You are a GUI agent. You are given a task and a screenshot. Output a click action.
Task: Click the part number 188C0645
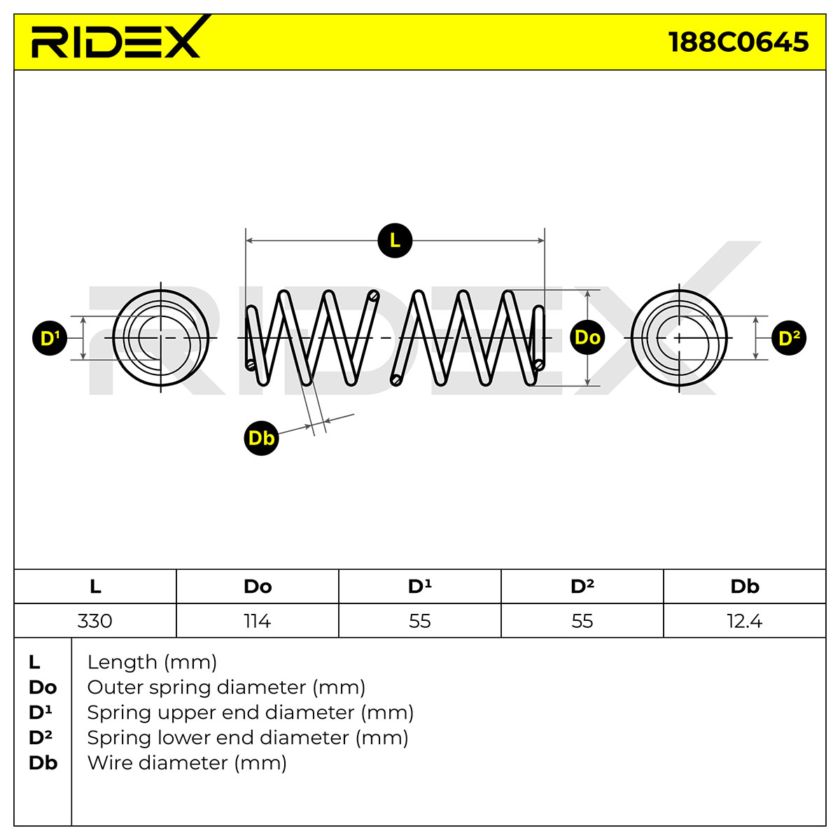click(x=738, y=42)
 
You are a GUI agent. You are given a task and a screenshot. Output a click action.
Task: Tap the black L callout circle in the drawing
click(x=395, y=241)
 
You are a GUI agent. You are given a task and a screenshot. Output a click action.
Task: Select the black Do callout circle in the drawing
click(x=587, y=338)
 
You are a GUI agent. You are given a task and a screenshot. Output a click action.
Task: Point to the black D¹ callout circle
click(x=50, y=338)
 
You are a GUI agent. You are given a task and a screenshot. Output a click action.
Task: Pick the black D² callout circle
click(x=789, y=338)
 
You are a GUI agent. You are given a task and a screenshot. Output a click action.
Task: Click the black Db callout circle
click(x=261, y=438)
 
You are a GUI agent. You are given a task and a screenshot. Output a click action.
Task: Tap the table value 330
click(x=94, y=621)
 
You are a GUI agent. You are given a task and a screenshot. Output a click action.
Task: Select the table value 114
click(x=257, y=621)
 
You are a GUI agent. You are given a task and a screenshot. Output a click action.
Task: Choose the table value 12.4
click(x=745, y=621)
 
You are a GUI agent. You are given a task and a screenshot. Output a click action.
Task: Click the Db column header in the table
click(x=745, y=587)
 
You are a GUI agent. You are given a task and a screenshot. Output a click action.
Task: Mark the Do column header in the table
click(x=258, y=587)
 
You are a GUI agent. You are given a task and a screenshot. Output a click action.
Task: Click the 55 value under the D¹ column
click(x=420, y=621)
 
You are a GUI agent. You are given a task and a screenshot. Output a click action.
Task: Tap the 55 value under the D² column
click(x=582, y=621)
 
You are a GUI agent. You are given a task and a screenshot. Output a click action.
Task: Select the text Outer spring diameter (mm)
click(x=226, y=687)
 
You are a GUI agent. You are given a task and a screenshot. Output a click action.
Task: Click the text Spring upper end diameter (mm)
click(x=250, y=713)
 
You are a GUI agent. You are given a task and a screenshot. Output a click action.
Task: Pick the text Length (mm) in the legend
click(x=152, y=662)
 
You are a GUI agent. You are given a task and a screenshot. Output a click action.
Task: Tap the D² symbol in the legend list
click(x=41, y=738)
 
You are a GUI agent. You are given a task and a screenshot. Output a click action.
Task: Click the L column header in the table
click(x=95, y=587)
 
